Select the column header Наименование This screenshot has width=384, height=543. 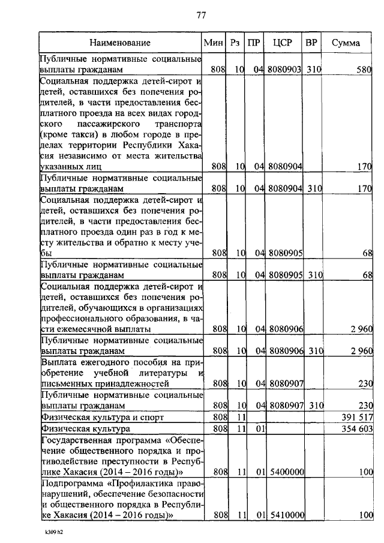(120, 43)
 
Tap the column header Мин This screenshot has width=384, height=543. (214, 43)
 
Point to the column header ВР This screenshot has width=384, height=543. (311, 43)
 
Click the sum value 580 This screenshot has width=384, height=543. (364, 70)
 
